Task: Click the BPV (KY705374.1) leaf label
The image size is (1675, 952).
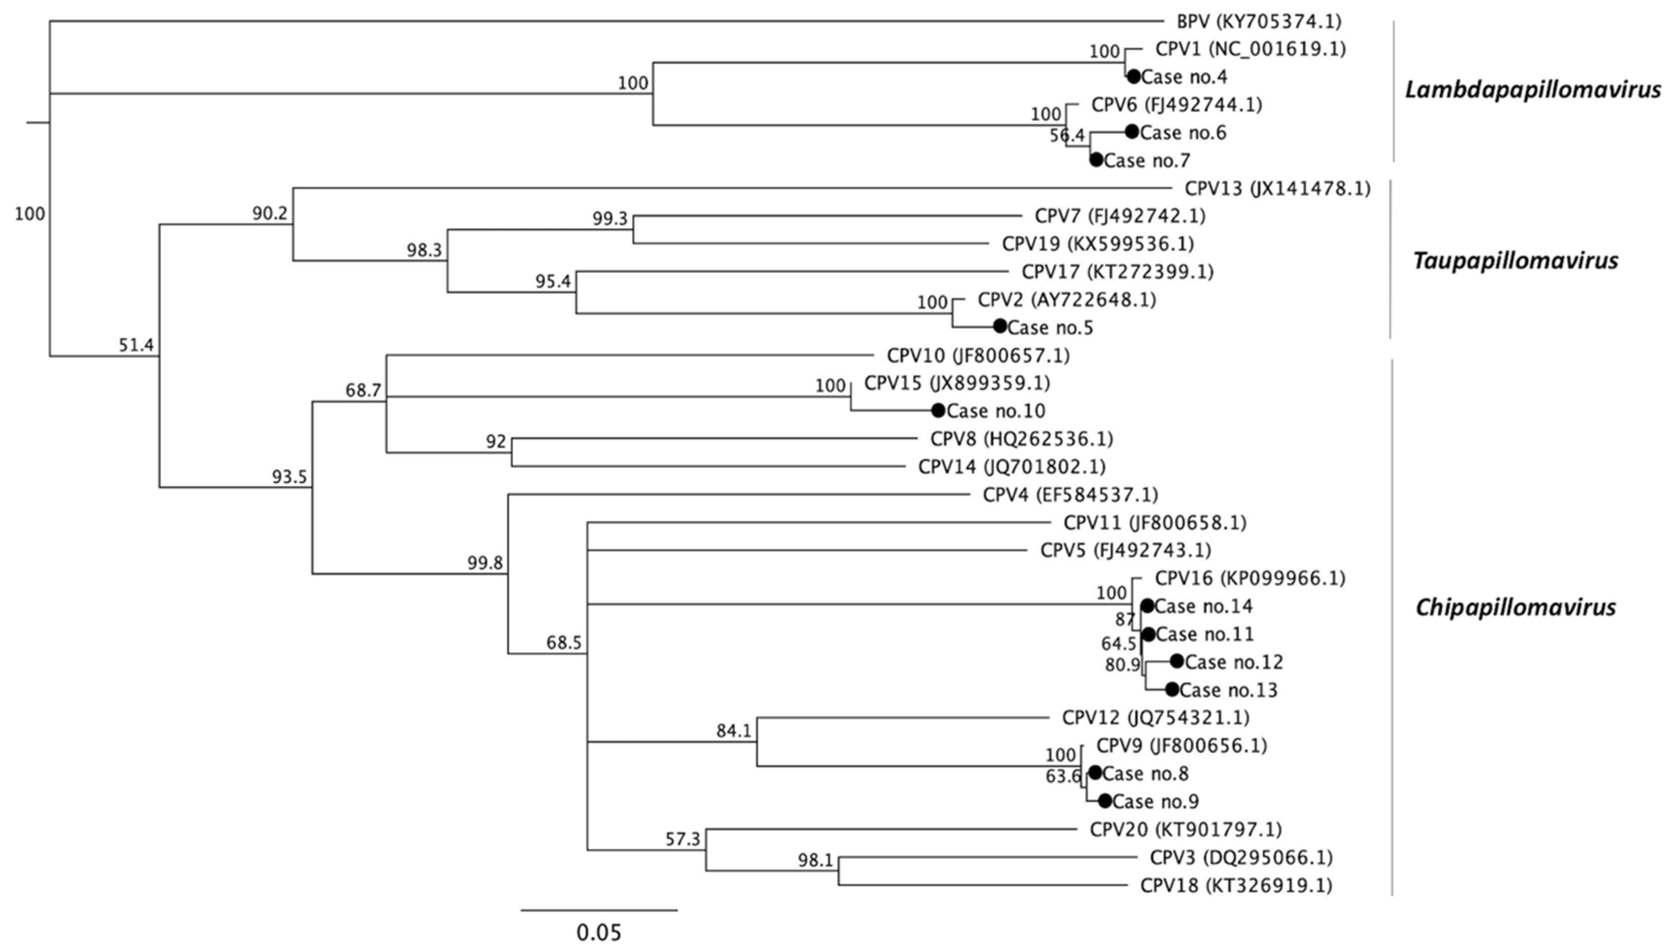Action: pyautogui.click(x=1258, y=22)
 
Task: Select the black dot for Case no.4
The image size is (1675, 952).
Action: pyautogui.click(x=1133, y=77)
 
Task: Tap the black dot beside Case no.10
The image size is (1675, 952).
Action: pyautogui.click(x=938, y=410)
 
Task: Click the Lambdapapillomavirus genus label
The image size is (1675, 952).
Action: pyautogui.click(x=1533, y=89)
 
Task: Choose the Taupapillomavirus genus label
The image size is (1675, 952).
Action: pyautogui.click(x=1515, y=261)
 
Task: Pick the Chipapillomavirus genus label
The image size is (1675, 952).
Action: pyautogui.click(x=1515, y=607)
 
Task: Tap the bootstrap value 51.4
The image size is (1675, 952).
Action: pyautogui.click(x=136, y=345)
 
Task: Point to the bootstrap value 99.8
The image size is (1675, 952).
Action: pyautogui.click(x=485, y=562)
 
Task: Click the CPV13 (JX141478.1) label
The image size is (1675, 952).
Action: pyautogui.click(x=1277, y=189)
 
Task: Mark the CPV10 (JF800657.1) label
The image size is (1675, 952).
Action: pyautogui.click(x=978, y=356)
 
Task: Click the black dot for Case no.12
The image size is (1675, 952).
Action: pyautogui.click(x=1176, y=661)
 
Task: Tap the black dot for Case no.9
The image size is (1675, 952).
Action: pyautogui.click(x=1105, y=801)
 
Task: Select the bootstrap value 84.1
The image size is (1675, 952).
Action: pyautogui.click(x=733, y=731)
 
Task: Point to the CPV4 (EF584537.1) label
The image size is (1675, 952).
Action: pyautogui.click(x=1070, y=495)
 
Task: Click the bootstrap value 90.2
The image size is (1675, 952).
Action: pyautogui.click(x=270, y=213)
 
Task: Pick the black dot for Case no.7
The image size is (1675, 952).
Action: pyautogui.click(x=1096, y=159)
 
